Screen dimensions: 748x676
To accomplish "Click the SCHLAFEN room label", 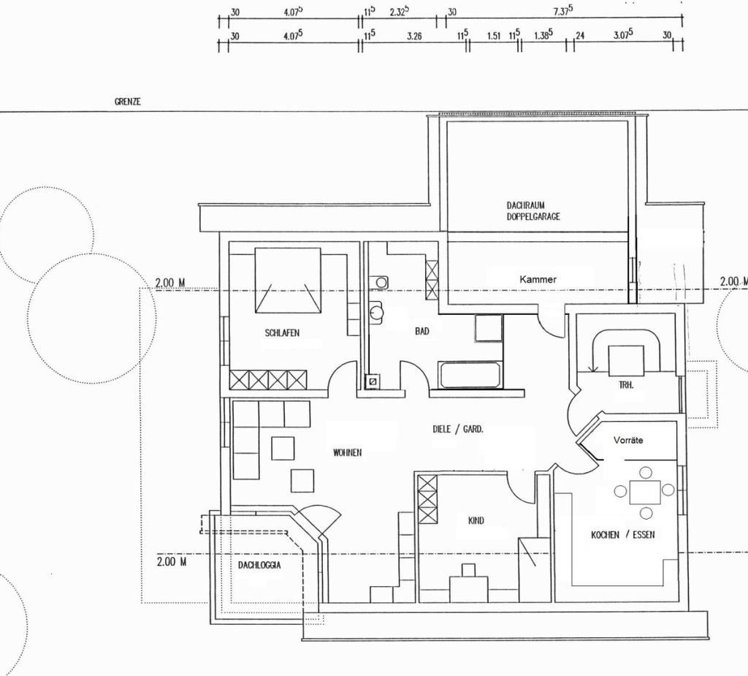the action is pos(282,333).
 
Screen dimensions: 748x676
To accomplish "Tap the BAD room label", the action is pos(421,331).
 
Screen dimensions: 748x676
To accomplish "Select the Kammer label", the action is pos(538,279).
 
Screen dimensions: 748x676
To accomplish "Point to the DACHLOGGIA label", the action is pos(259,565).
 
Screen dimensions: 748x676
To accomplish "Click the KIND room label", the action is pos(476,520).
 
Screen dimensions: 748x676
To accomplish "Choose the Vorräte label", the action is pos(628,440).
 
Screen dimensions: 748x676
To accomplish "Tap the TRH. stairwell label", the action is pos(626,385).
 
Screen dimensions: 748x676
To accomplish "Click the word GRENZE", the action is pos(127,102).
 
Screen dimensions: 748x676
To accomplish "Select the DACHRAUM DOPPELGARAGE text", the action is pos(533,210).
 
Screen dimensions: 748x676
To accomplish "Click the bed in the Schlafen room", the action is pos(288,280).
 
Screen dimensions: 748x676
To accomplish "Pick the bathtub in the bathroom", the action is pos(470,374).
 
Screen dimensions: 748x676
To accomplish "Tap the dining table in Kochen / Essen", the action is pos(645,493).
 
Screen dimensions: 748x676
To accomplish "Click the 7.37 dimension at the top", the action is pos(563,11).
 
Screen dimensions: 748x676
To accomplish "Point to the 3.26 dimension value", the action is pos(414,36).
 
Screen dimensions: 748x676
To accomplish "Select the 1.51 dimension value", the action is pos(494,36).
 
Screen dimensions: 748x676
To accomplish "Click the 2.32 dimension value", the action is pos(400,12).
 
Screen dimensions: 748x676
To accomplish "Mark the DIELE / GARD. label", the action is pos(457,429).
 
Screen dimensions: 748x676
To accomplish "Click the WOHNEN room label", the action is pos(347,452).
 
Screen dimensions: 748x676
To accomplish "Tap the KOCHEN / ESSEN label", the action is pos(622,535).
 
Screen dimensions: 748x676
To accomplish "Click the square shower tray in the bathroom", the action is pos(489,328).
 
